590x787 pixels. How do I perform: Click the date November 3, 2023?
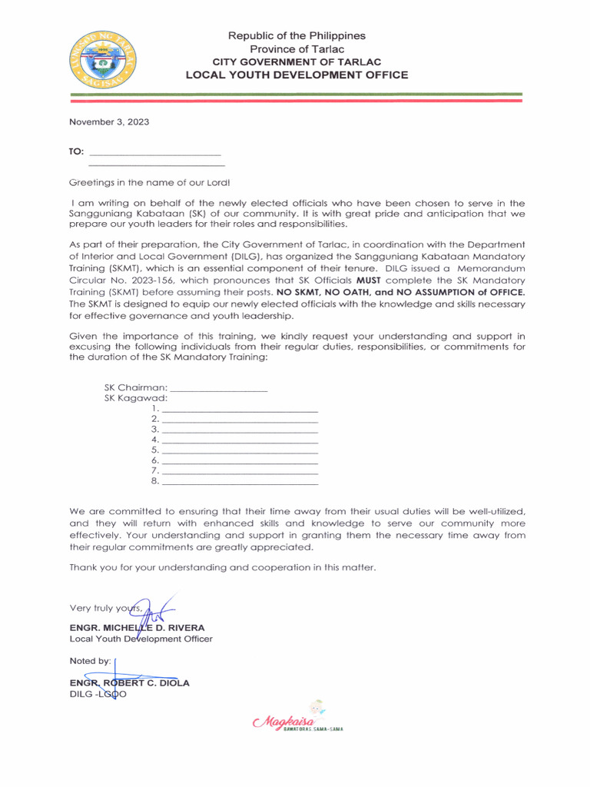click(x=109, y=121)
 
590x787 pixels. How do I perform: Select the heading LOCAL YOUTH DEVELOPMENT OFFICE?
click(x=297, y=75)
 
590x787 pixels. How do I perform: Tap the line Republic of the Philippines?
click(x=297, y=35)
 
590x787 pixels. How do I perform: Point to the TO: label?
click(x=77, y=151)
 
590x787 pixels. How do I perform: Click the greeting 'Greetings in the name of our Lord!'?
click(x=149, y=182)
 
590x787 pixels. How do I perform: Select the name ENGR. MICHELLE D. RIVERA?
click(x=137, y=627)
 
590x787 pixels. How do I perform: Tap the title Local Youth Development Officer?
click(x=141, y=639)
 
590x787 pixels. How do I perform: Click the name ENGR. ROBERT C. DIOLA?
click(x=129, y=682)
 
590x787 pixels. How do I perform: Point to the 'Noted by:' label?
click(x=90, y=661)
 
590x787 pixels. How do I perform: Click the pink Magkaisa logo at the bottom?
click(x=296, y=720)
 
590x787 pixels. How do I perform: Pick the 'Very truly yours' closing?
click(x=106, y=610)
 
